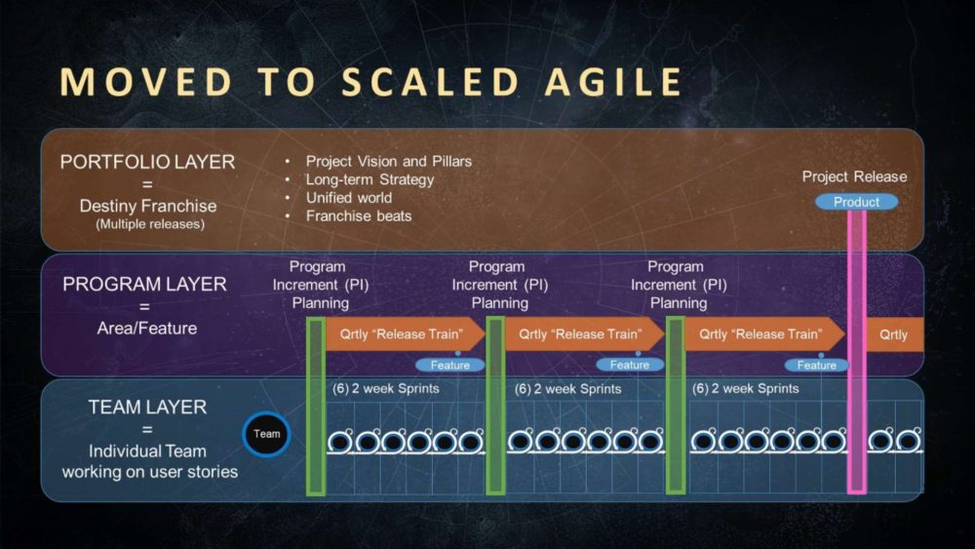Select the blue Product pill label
click(x=857, y=202)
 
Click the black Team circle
click(x=266, y=434)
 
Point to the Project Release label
click(x=854, y=176)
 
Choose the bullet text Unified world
click(x=349, y=197)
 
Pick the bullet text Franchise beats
click(x=359, y=216)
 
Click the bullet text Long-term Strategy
click(x=370, y=179)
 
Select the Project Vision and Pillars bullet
click(x=388, y=161)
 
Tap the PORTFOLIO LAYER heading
click(x=147, y=162)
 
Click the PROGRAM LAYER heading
click(x=144, y=284)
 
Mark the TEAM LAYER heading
click(x=147, y=407)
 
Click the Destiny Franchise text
click(x=147, y=206)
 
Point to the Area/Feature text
click(x=147, y=328)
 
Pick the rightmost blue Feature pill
click(x=816, y=365)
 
